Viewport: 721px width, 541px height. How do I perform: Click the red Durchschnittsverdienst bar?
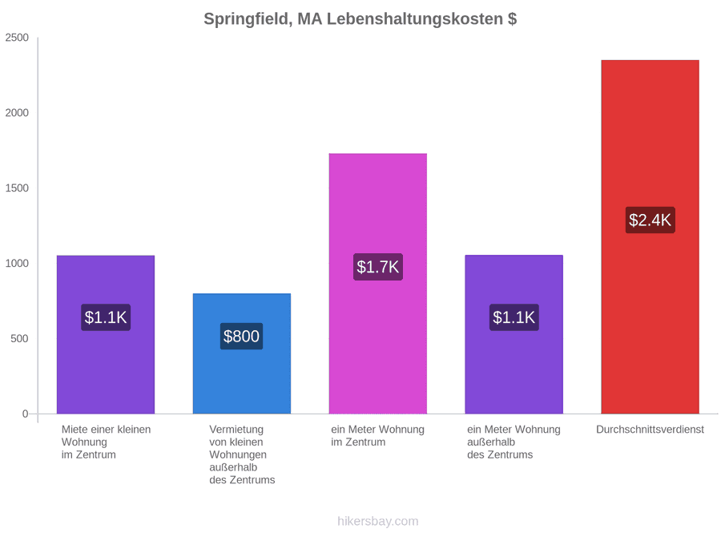(x=650, y=237)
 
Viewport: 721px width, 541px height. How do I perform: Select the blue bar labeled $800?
(x=241, y=353)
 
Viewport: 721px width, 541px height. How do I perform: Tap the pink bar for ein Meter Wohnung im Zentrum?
(x=377, y=284)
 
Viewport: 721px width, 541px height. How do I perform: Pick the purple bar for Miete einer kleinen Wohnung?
(x=105, y=334)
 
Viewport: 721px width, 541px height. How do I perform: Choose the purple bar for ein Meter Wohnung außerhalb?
(x=514, y=334)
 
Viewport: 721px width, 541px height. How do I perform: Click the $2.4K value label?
(x=650, y=220)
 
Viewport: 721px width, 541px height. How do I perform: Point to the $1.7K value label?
(x=377, y=267)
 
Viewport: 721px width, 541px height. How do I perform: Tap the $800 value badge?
(x=241, y=337)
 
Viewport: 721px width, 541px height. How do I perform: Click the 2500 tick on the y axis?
(x=17, y=38)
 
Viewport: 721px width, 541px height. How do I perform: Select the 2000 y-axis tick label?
(x=17, y=113)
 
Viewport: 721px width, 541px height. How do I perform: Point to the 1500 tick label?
(x=17, y=188)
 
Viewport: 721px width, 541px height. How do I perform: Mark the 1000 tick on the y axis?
(x=17, y=263)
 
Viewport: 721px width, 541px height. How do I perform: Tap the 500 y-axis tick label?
(x=20, y=338)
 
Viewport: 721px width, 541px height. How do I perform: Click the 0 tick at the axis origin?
(x=26, y=414)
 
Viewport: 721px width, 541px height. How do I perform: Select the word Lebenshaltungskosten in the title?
(x=415, y=19)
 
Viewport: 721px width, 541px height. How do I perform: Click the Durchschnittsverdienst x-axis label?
(x=650, y=430)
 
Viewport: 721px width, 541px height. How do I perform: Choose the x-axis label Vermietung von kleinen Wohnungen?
(x=242, y=454)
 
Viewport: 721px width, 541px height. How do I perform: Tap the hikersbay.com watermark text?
(x=377, y=521)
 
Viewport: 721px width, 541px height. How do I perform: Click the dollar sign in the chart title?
(x=512, y=19)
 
